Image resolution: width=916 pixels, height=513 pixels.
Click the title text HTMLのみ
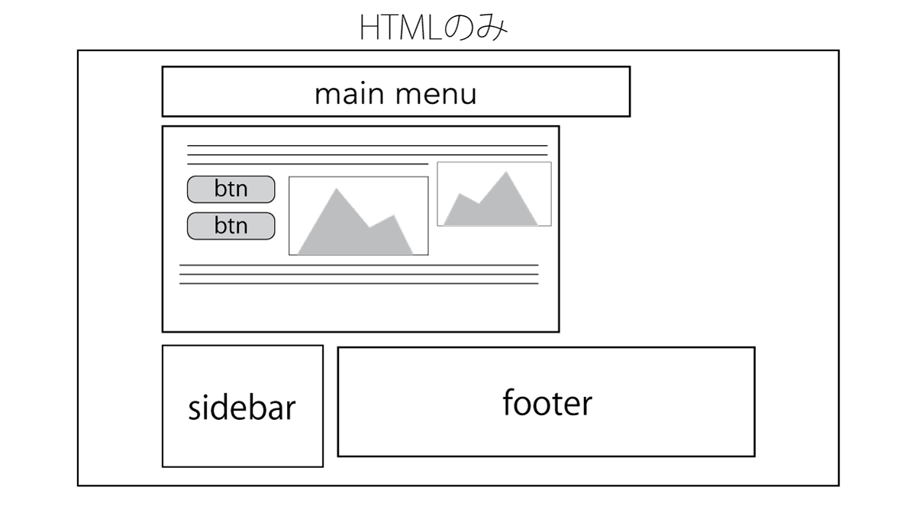433,28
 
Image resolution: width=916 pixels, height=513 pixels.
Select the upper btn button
231,189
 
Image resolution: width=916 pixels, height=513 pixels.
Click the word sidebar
242,408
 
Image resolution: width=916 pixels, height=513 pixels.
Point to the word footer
547,402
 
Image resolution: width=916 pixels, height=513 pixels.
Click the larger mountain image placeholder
358,216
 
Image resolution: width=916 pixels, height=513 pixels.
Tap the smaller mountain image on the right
494,195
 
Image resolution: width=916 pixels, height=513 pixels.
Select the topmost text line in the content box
366,145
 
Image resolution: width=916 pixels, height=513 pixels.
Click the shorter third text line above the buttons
308,163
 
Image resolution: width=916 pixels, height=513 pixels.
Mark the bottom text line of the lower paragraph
359,283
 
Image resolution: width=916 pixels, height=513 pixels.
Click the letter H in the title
369,29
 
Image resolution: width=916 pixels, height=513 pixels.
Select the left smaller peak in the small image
460,195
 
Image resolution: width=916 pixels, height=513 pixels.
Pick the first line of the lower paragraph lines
359,265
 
